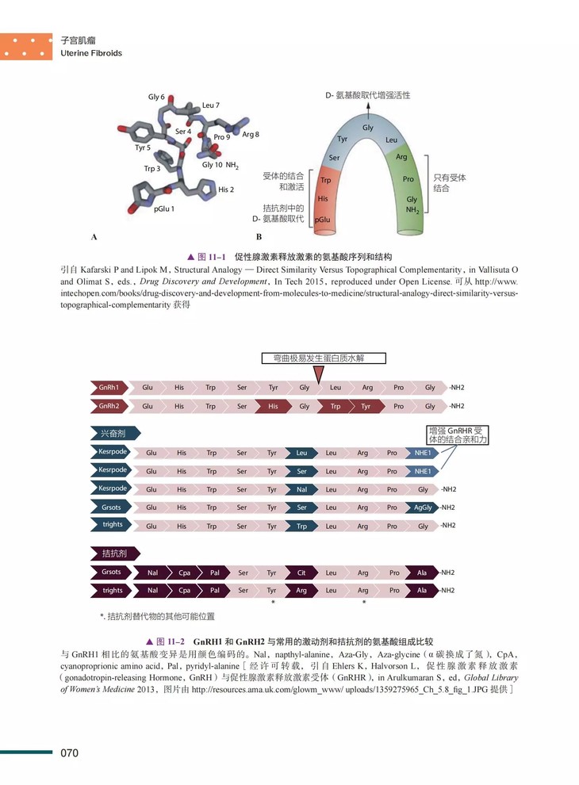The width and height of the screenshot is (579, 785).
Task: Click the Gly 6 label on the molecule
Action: point(156,97)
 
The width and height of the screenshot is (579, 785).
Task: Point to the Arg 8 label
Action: point(251,134)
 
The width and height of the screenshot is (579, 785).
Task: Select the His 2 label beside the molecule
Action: point(226,190)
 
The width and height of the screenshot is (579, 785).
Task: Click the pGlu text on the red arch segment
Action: point(322,219)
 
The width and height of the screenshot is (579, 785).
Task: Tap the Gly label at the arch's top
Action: point(368,128)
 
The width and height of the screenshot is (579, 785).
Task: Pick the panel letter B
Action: point(259,236)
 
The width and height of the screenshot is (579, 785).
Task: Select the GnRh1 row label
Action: point(109,388)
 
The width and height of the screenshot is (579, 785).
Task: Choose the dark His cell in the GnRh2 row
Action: point(272,406)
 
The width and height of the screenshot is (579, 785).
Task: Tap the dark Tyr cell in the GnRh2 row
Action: point(366,406)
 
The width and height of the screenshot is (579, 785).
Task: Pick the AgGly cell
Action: point(423,507)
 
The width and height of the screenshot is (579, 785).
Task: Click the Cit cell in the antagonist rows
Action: point(301,572)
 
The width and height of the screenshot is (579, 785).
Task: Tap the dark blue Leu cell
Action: point(301,453)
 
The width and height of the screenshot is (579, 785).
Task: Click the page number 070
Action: point(70,752)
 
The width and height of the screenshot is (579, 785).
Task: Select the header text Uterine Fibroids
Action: point(91,53)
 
